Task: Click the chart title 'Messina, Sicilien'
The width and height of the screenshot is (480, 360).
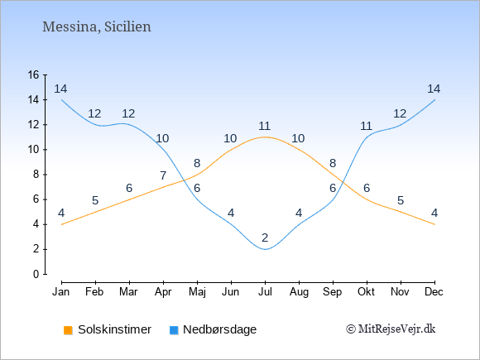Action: click(97, 27)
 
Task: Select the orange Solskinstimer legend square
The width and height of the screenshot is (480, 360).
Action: click(68, 330)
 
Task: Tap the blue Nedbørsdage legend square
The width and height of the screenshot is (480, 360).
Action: click(174, 330)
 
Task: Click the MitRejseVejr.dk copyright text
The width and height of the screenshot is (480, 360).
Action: click(391, 329)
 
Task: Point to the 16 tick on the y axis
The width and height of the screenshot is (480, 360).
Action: click(34, 74)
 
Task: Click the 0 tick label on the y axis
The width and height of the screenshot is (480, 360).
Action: click(36, 274)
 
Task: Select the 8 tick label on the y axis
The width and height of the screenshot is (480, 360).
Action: click(36, 175)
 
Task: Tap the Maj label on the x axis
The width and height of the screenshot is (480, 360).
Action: click(197, 292)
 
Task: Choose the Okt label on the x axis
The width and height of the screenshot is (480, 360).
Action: click(366, 292)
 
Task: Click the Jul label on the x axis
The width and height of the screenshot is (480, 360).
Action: click(265, 292)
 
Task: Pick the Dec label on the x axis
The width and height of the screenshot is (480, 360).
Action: click(434, 292)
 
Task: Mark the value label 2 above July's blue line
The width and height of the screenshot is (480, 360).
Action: click(265, 238)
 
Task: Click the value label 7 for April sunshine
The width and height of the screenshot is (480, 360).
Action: click(163, 175)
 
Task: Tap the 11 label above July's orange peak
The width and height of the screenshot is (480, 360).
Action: click(264, 126)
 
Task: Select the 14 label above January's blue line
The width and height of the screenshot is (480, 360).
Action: click(60, 89)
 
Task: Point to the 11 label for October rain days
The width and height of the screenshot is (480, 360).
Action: click(366, 126)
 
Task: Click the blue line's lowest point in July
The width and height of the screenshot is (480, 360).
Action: click(265, 249)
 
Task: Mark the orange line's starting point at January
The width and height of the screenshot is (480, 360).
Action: click(62, 224)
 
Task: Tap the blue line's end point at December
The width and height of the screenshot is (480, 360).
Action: click(434, 100)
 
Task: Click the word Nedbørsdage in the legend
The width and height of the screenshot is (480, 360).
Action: click(220, 329)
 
